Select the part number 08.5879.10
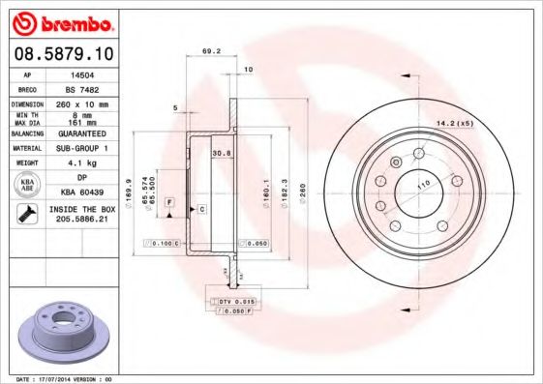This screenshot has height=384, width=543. tap(62, 53)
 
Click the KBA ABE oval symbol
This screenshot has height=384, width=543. tap(27, 185)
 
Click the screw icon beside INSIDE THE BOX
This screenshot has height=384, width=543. tap(26, 214)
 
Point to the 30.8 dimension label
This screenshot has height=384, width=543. tap(220, 152)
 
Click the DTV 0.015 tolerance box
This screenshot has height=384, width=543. tap(231, 303)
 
